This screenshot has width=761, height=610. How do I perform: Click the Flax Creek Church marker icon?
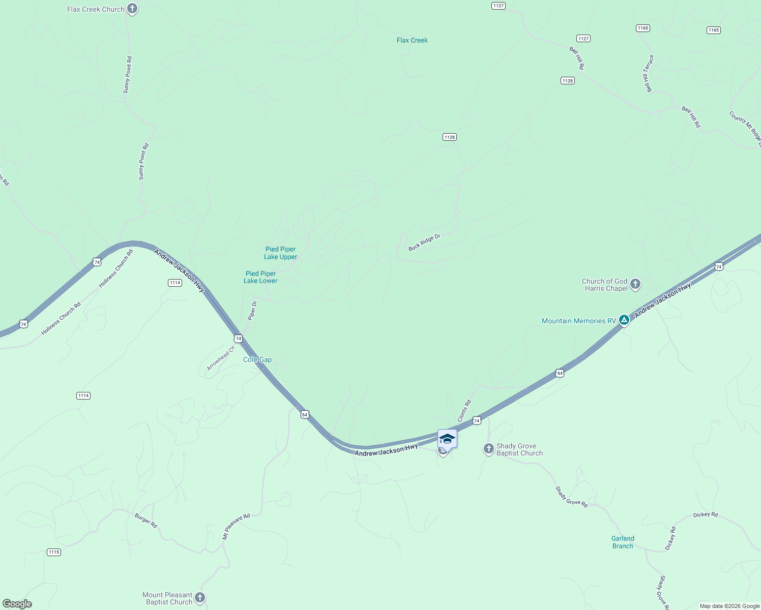132,9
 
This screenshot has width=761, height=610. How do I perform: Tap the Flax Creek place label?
412,40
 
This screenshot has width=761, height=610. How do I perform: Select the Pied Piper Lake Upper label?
281,253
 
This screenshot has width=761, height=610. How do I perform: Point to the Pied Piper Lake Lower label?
260,277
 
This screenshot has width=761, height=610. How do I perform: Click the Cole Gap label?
257,359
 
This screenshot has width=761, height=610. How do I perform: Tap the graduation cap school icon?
447,439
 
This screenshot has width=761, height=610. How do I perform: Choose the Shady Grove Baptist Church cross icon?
488,449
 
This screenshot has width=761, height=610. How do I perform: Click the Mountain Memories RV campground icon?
624,321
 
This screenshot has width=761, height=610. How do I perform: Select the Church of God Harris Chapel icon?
635,284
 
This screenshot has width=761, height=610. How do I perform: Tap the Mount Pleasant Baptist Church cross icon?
200,598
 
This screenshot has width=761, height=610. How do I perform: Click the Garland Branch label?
623,542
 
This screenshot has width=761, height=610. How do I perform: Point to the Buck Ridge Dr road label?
424,242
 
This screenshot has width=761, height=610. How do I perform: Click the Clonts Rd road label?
464,411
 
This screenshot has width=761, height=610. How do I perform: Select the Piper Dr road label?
252,311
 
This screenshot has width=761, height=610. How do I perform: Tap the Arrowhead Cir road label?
221,358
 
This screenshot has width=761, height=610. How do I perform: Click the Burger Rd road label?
146,521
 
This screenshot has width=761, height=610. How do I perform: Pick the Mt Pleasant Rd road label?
236,526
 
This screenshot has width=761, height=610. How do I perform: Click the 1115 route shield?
54,552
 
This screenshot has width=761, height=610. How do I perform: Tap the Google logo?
17,604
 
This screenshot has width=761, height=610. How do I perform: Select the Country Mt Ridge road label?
745,126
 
